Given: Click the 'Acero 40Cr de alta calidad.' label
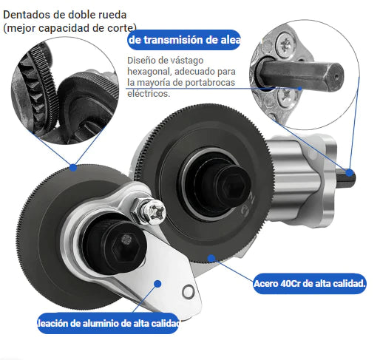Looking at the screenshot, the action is (310, 284).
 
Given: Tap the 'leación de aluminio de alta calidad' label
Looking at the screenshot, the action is (108, 323).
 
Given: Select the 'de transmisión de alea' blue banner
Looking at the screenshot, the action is (184, 40).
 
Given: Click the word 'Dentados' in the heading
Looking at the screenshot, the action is (27, 15).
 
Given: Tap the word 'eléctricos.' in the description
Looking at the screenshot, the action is (149, 93).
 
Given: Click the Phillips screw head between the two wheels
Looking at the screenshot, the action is (154, 211).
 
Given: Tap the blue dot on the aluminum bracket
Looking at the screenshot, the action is (157, 284).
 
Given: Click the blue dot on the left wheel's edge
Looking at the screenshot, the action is (73, 168).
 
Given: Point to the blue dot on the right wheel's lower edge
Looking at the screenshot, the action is (211, 258).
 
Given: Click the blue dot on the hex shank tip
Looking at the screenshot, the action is (350, 173).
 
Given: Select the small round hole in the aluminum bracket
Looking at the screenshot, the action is (188, 291).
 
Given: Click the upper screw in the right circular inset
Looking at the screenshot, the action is (285, 46).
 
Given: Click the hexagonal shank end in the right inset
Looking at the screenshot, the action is (335, 76).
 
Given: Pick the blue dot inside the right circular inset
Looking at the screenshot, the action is (299, 89).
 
